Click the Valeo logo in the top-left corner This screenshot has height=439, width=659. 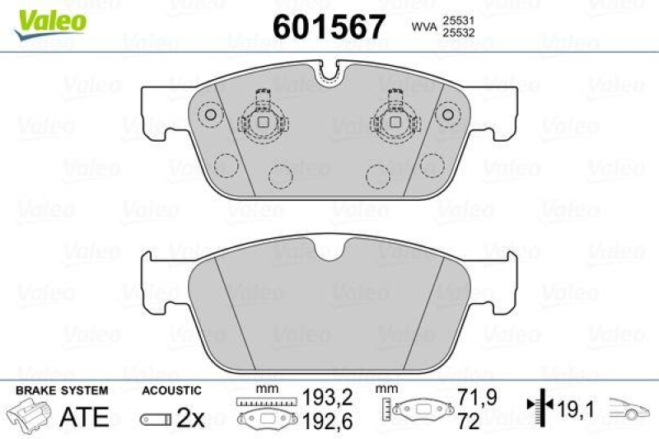coord(48,18)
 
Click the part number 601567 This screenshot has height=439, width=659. coord(329,27)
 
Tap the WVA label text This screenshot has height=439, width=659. coord(424,27)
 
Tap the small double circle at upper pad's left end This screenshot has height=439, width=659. coord(211,114)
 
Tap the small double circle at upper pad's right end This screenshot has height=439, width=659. coord(447,114)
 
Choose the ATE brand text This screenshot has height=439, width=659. coord(84,417)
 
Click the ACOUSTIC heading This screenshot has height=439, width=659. coord(171,389)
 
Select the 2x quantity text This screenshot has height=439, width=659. coord(191,418)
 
